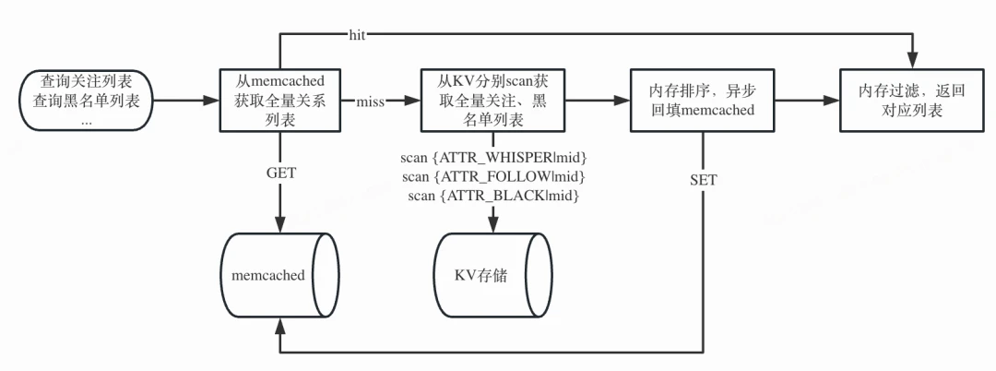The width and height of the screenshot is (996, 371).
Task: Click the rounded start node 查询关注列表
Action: (88, 101)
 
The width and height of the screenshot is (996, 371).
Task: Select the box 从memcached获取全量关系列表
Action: (280, 101)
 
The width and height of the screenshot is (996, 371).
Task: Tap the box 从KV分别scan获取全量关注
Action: (492, 101)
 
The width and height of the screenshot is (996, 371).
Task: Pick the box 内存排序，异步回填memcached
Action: (702, 101)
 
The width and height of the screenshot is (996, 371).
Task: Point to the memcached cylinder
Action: (280, 276)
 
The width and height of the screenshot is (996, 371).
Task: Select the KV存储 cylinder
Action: (492, 276)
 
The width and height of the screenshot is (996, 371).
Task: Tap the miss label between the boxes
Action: (371, 102)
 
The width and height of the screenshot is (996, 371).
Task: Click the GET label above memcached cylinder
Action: (280, 174)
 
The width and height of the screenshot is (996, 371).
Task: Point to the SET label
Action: (703, 180)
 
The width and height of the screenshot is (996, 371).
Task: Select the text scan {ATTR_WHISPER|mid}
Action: (492, 157)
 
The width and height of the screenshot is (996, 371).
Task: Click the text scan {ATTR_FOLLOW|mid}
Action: (492, 176)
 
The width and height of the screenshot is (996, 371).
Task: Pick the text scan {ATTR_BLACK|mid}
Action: (492, 196)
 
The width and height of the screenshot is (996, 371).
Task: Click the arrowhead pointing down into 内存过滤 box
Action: (912, 63)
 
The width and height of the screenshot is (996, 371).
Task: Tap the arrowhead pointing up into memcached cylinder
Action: (280, 325)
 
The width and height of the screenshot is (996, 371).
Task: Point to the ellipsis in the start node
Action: (87, 121)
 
